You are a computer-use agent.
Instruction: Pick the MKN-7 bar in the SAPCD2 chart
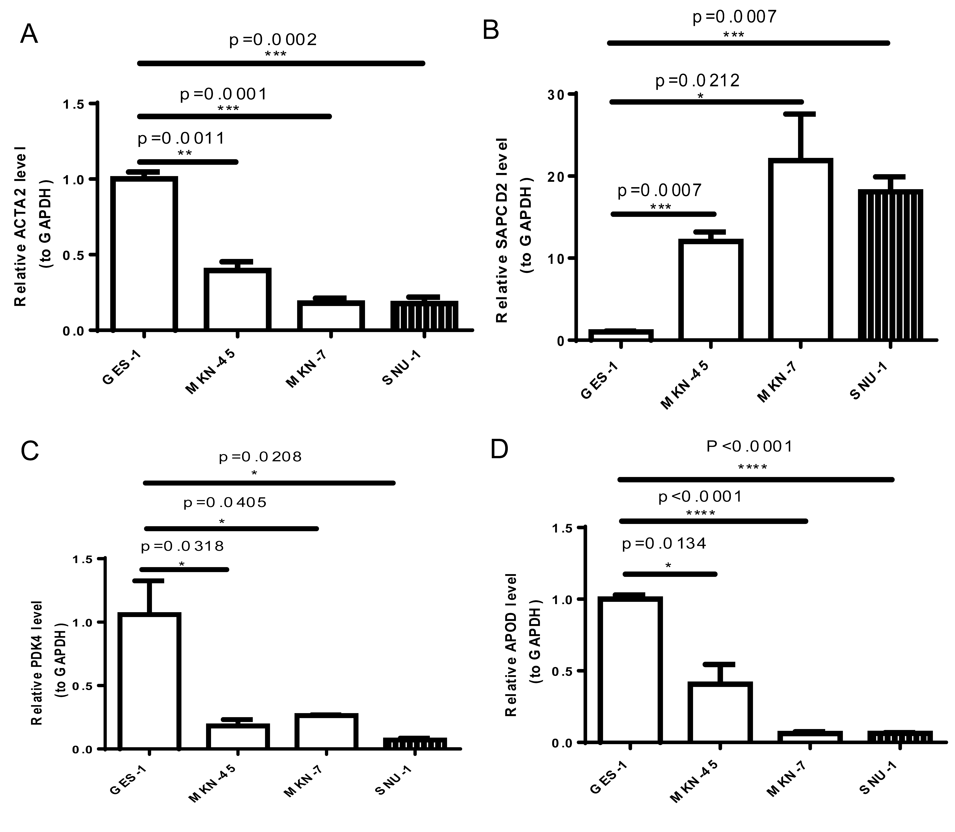[800, 250]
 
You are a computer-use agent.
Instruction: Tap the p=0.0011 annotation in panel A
[181, 138]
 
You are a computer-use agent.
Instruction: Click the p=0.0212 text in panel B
[697, 81]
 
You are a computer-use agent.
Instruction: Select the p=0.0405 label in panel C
[225, 502]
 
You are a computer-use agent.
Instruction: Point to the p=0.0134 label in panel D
[664, 543]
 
